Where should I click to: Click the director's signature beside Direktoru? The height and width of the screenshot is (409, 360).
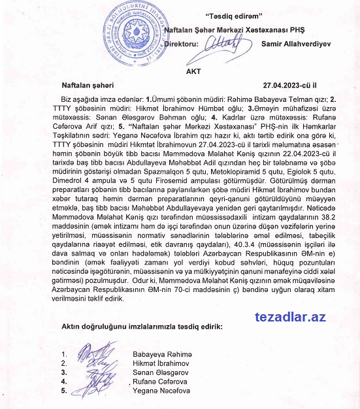click(x=224, y=43)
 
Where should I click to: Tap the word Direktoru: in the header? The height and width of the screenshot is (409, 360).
click(x=182, y=44)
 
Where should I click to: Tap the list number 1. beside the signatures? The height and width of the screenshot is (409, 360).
click(x=63, y=355)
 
